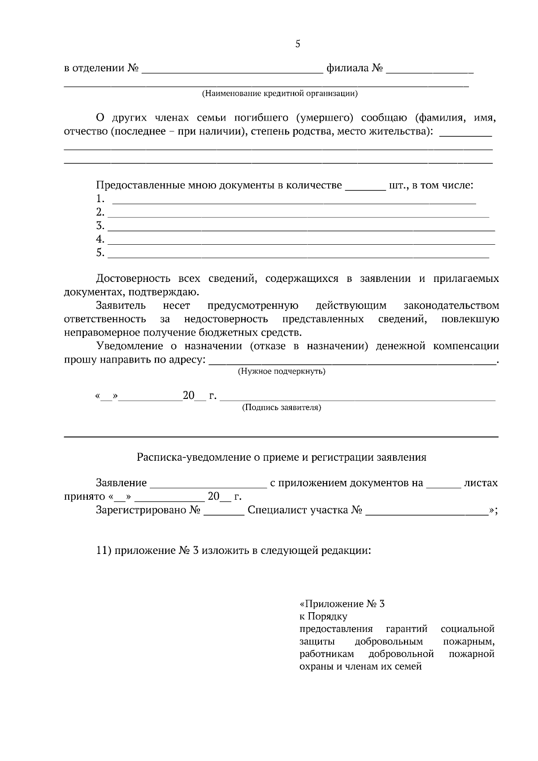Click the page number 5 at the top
(x=298, y=44)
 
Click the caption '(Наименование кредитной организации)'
(x=279, y=94)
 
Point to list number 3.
(x=100, y=225)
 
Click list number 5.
(x=100, y=253)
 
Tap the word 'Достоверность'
(x=134, y=279)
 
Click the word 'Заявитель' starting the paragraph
(x=121, y=306)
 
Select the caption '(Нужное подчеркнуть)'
(x=282, y=372)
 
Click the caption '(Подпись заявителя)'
(x=282, y=408)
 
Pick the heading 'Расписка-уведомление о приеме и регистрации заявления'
(x=282, y=458)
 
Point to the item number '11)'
(x=104, y=550)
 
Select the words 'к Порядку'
(x=323, y=616)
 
